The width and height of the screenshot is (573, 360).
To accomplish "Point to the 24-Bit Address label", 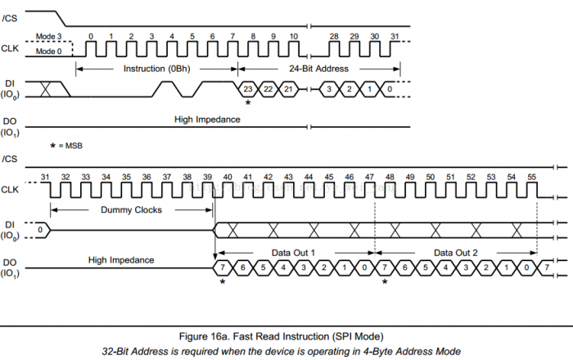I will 318,68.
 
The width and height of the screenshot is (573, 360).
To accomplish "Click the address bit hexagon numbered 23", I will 248,88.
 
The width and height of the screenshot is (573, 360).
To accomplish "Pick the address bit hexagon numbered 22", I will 268,88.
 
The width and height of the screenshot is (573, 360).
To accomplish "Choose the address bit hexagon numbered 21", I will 288,88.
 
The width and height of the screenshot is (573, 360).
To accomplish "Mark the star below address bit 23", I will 248,102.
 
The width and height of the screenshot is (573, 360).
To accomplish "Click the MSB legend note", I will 67,145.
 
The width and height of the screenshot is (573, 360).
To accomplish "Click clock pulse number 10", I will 294,47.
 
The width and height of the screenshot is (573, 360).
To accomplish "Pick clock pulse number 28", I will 334,47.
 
